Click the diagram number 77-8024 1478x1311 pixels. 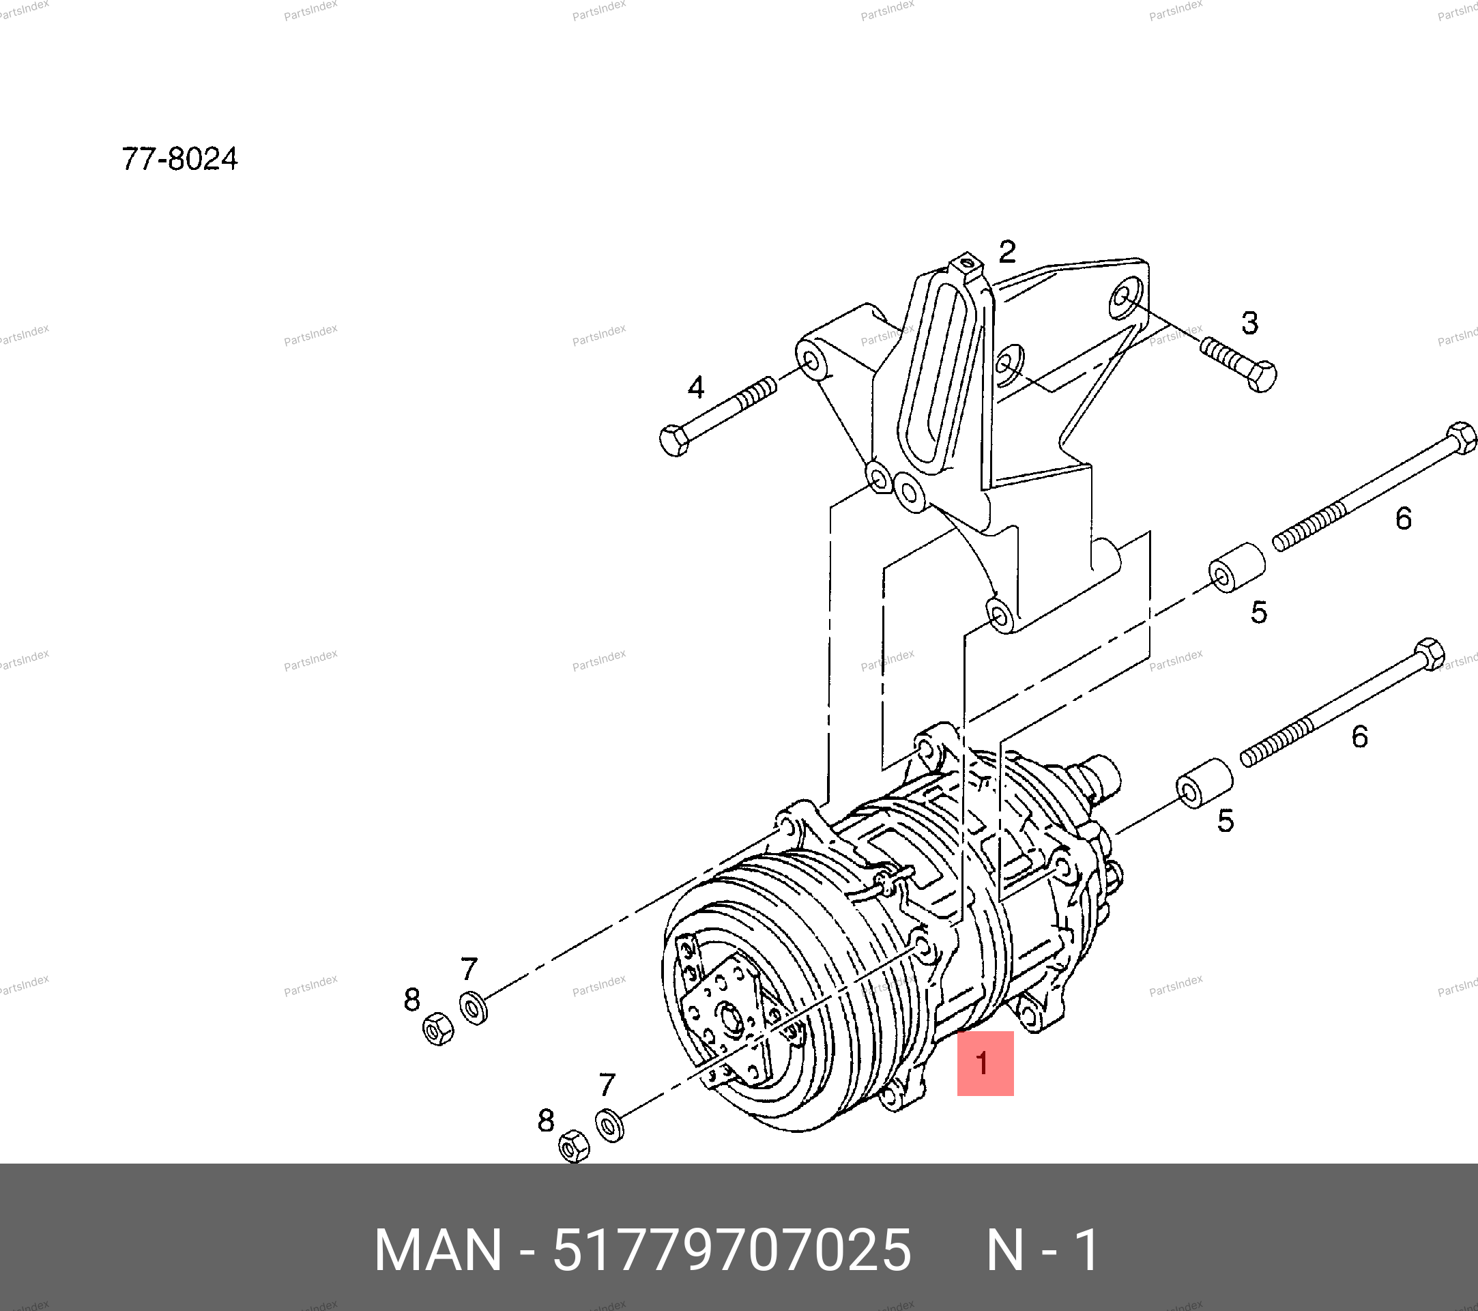pos(179,159)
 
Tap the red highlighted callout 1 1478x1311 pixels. pos(985,1064)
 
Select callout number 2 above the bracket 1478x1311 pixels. pos(1007,252)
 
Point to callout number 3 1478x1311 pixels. pos(1249,323)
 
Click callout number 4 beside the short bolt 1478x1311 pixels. pos(695,388)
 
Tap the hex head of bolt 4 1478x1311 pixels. pos(675,440)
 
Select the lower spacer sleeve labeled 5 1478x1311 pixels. pos(1204,783)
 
